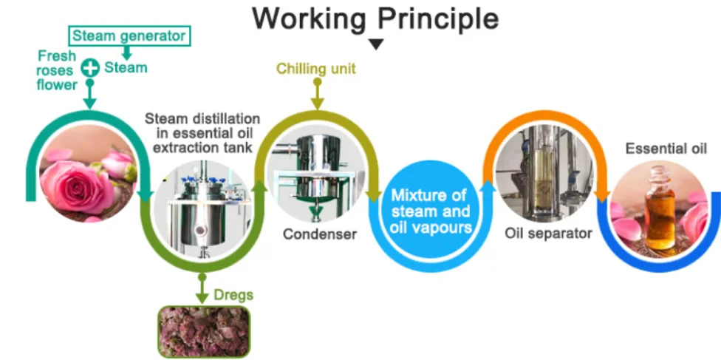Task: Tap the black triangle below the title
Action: coord(377,44)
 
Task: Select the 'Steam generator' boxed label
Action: coord(130,35)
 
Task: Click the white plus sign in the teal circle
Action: coord(89,68)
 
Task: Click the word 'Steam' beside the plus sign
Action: coord(126,68)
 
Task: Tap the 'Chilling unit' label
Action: coord(316,69)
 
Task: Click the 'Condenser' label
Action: coord(319,234)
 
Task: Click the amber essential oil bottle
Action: coord(659,211)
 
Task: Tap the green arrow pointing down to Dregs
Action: coord(201,288)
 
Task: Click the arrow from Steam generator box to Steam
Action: coord(128,52)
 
